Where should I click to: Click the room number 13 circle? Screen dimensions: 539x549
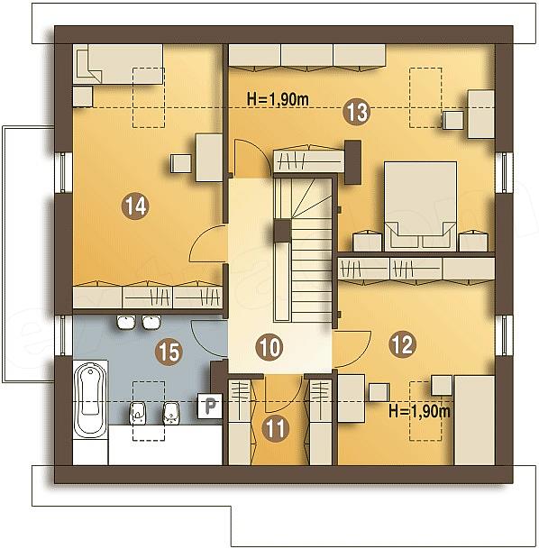(357, 112)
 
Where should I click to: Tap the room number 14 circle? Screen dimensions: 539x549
(135, 206)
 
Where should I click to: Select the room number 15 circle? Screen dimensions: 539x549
(169, 352)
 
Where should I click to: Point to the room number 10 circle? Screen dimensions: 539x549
(269, 347)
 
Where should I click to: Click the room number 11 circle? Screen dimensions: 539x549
(276, 428)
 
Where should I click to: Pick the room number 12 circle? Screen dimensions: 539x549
(403, 344)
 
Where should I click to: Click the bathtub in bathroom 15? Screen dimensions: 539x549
(91, 400)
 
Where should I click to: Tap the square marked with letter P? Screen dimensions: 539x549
(210, 407)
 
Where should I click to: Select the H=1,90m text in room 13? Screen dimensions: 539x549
(279, 99)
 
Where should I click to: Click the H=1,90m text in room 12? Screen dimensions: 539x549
(419, 411)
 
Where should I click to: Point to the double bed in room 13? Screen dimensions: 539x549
(420, 206)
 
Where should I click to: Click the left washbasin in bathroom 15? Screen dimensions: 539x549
(126, 322)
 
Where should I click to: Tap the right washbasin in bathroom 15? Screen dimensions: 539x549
(151, 322)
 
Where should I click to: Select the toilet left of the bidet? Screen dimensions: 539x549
(138, 413)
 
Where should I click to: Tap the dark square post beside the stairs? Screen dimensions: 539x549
(282, 231)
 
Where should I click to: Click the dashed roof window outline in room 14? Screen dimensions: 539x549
(149, 97)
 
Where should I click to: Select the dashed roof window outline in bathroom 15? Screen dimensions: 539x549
(149, 411)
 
